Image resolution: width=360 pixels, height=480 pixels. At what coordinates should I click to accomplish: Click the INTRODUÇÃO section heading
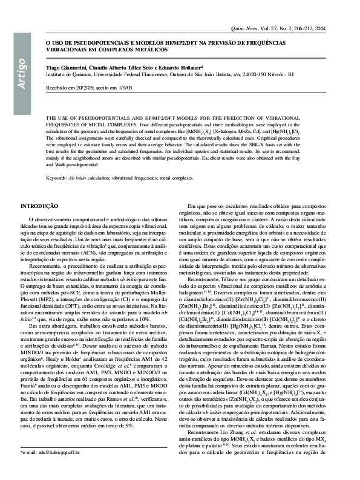(x=44, y=207)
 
